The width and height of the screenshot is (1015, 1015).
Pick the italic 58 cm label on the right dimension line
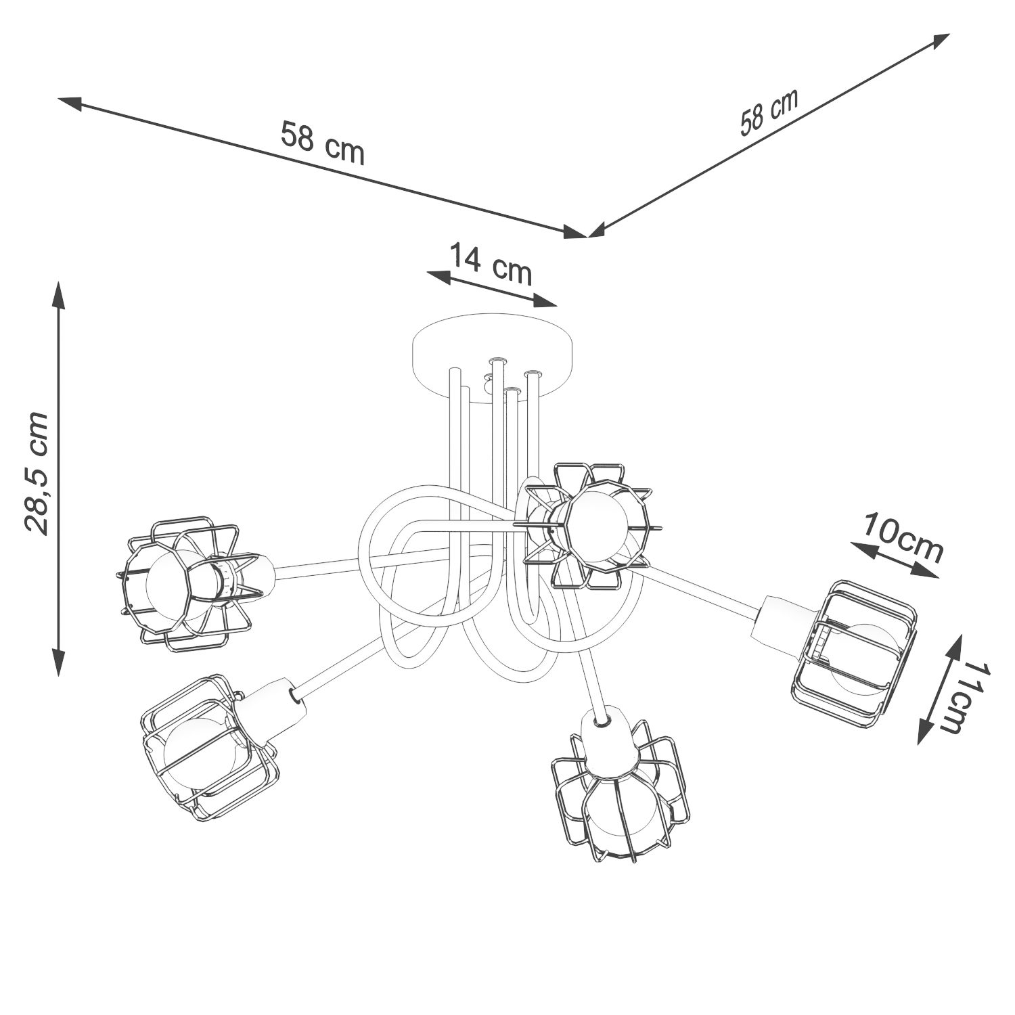coord(769,112)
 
